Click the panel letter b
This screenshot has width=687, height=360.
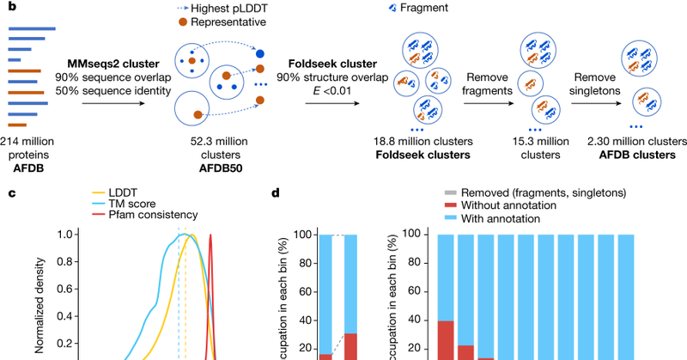(11, 10)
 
